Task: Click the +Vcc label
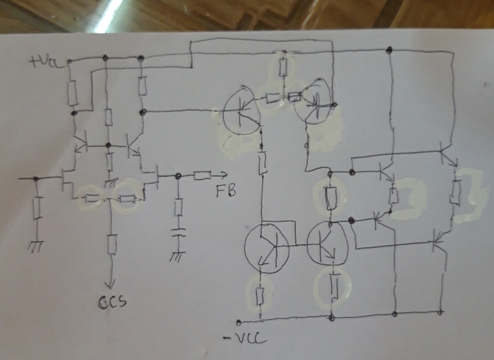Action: (x=46, y=62)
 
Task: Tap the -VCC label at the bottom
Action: (x=245, y=339)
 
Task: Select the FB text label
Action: (x=226, y=191)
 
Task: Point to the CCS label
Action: (x=113, y=302)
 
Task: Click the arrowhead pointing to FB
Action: (x=223, y=175)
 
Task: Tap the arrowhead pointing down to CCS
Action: (x=110, y=285)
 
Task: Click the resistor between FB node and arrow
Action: (x=202, y=175)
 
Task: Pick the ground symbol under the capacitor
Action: (x=177, y=257)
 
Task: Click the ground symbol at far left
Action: (x=36, y=246)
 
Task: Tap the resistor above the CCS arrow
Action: (x=112, y=244)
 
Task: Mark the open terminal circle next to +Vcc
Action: (x=69, y=61)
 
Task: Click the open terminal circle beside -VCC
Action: (x=239, y=322)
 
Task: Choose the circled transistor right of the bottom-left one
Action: (x=327, y=243)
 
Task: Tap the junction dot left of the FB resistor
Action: (x=178, y=176)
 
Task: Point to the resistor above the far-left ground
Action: (x=37, y=207)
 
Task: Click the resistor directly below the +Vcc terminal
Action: (x=72, y=93)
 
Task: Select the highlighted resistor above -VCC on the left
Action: (x=260, y=296)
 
